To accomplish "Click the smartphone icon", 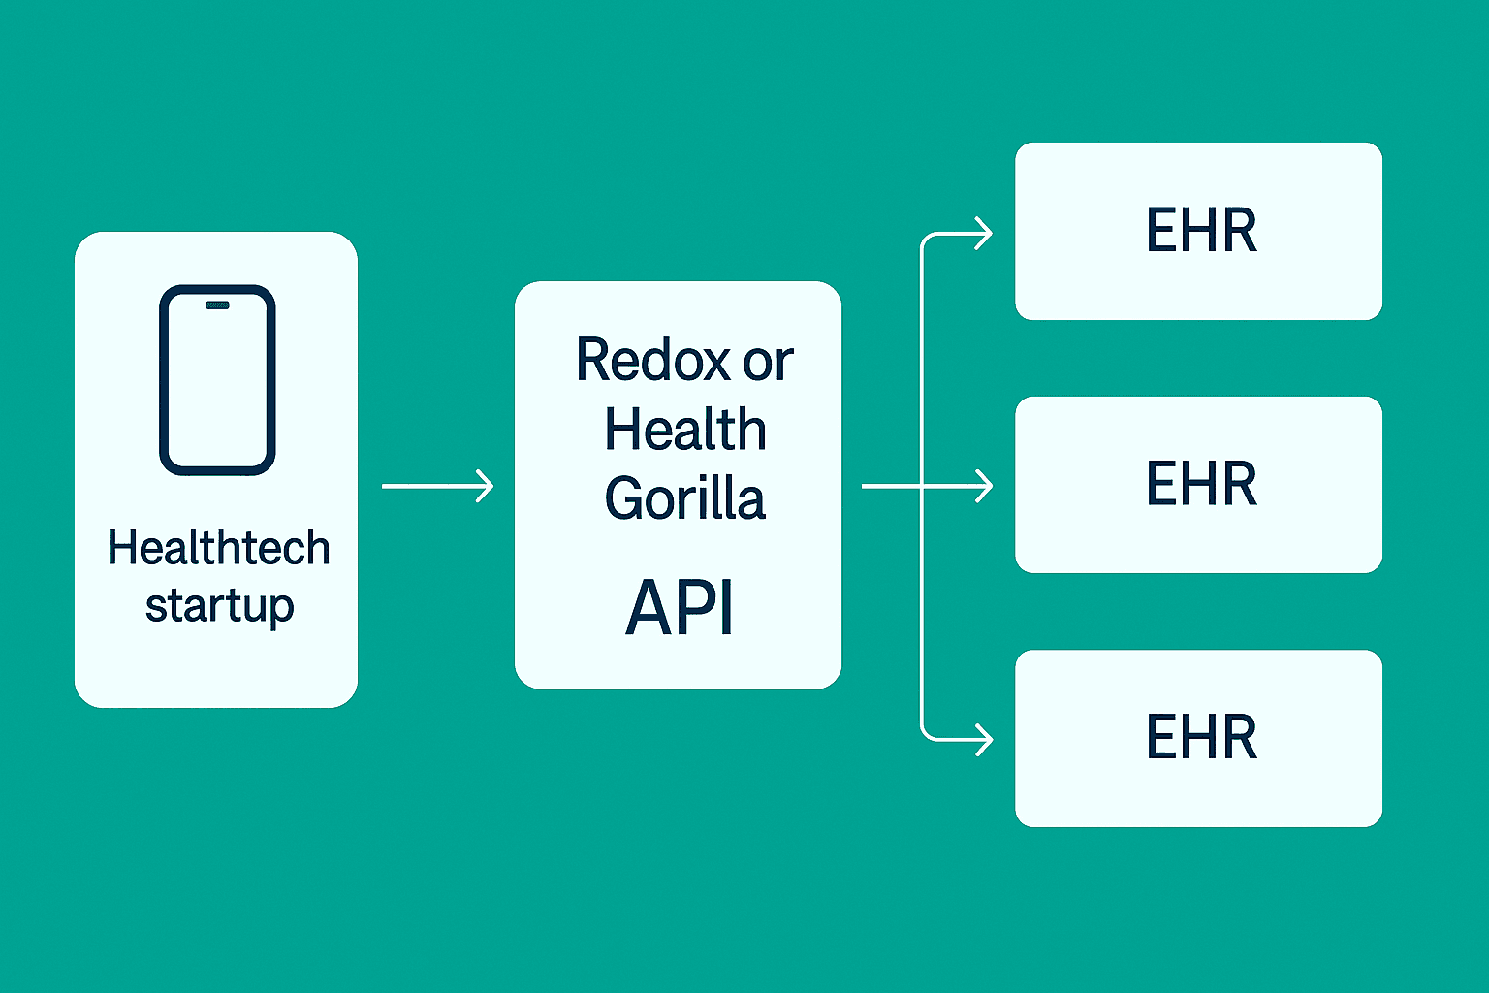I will (x=217, y=380).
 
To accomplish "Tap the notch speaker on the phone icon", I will (x=217, y=305).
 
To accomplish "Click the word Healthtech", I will (x=218, y=548).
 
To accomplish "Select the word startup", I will (x=219, y=607).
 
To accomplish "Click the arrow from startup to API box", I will (x=437, y=486).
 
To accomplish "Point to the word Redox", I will (x=652, y=361).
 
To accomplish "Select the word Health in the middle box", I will (x=685, y=430).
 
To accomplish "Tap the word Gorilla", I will (x=685, y=499).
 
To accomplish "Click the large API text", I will (x=680, y=608).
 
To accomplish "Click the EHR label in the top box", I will (x=1201, y=231).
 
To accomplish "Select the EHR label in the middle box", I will (x=1201, y=484).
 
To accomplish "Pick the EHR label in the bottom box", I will (x=1201, y=737).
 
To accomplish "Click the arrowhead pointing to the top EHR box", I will (x=984, y=234).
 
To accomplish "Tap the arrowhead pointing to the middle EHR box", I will (x=984, y=486).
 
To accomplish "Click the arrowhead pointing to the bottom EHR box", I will (x=984, y=740).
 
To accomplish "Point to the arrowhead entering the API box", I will (x=485, y=486).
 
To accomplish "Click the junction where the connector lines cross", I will (x=921, y=486).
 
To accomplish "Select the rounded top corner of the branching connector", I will (x=925, y=239).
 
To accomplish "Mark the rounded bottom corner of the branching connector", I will (x=925, y=735).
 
